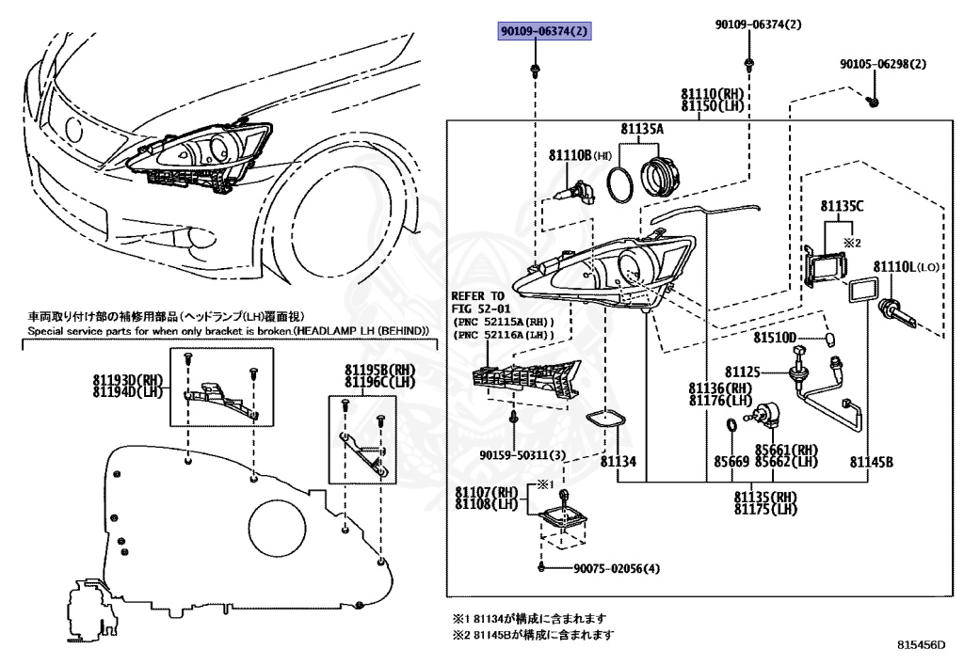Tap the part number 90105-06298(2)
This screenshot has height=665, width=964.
click(883, 65)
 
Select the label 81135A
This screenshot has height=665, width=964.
click(641, 129)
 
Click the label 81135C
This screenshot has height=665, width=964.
click(841, 205)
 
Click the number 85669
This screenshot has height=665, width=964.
click(731, 461)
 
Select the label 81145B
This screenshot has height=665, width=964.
click(871, 461)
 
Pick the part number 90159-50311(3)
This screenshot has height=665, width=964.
click(522, 455)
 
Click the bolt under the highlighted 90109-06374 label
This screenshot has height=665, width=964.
click(535, 69)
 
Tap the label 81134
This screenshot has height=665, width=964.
click(618, 461)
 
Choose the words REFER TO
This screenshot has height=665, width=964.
click(479, 295)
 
